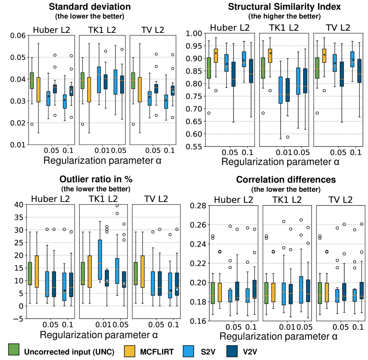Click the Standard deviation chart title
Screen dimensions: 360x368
[x=89, y=7]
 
